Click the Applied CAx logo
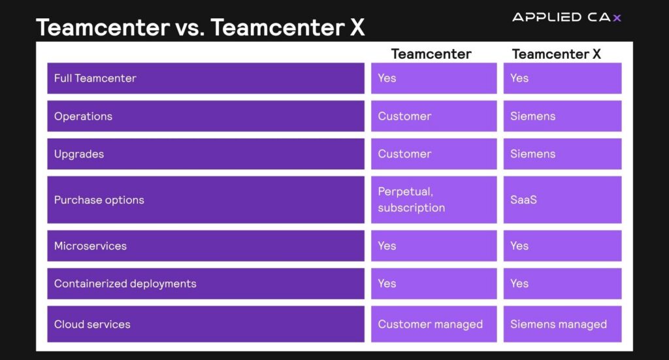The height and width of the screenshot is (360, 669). [x=566, y=17]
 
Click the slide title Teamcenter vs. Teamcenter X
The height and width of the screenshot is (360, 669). [x=200, y=27]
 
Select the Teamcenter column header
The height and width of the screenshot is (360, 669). [x=431, y=54]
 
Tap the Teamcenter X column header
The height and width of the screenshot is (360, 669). [x=557, y=54]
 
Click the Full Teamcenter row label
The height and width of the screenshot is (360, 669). [x=95, y=78]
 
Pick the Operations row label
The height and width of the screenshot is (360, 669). [x=83, y=116]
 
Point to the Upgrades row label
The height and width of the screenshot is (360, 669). [x=79, y=154]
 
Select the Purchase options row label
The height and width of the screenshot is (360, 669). [x=99, y=200]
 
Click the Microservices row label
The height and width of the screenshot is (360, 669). [x=90, y=246]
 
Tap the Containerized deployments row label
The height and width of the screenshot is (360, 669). [x=125, y=284]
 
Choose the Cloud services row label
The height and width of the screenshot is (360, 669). [x=92, y=324]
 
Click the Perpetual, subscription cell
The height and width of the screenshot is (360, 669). [x=434, y=200]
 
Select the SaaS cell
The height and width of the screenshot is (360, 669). [x=563, y=200]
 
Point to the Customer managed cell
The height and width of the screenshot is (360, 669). [x=434, y=324]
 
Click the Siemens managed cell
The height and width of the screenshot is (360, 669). [x=563, y=324]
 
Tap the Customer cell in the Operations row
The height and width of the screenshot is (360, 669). [x=434, y=116]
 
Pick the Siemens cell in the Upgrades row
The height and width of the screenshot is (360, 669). [x=563, y=154]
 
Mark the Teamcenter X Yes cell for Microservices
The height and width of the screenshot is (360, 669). [x=563, y=246]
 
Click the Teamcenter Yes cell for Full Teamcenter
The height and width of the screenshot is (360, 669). [x=434, y=78]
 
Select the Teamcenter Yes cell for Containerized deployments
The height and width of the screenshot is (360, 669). [x=434, y=283]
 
